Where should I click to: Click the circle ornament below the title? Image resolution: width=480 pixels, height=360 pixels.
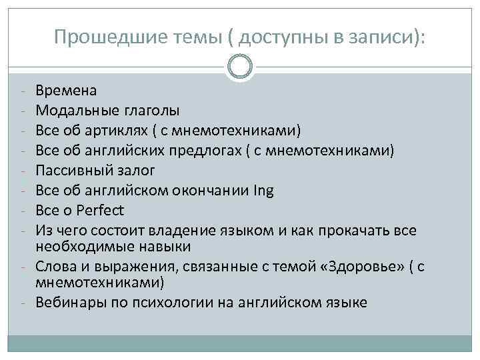[x=240, y=66]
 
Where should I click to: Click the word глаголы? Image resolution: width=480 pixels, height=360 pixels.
[x=151, y=109]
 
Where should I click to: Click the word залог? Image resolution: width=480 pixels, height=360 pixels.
[x=139, y=171]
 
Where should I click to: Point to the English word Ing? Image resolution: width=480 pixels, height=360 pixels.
[x=264, y=191]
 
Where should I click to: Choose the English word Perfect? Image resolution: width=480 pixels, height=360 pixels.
[x=101, y=211]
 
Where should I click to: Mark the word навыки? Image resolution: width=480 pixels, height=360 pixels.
[x=163, y=247]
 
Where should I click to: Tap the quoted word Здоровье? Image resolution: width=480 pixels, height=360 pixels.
[x=363, y=267]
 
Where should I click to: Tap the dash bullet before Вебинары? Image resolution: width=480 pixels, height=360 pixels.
[x=23, y=302]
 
